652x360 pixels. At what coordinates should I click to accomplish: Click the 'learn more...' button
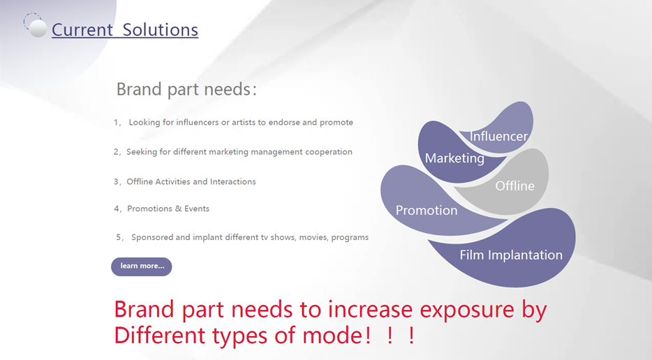click(x=142, y=267)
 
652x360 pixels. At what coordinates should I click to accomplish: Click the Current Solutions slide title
click(x=125, y=30)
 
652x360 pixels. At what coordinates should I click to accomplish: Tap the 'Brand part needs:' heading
click(x=186, y=89)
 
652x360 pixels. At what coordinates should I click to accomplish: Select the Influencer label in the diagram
click(x=498, y=136)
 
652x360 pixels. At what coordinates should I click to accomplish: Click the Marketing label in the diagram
click(x=454, y=158)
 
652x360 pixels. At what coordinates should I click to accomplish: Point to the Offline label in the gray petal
click(x=514, y=186)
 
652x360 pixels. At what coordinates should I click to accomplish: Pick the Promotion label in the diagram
click(x=427, y=210)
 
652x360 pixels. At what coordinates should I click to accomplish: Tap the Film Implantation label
click(x=511, y=255)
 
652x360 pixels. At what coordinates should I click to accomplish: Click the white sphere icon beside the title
click(x=38, y=29)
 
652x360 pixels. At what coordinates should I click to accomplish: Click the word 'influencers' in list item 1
click(x=197, y=122)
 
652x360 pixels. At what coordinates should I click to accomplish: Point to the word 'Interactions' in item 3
click(x=233, y=181)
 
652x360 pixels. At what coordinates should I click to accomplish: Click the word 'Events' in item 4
click(x=197, y=209)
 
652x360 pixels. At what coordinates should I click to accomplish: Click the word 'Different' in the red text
click(x=156, y=335)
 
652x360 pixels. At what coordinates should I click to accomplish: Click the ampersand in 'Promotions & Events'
click(x=178, y=209)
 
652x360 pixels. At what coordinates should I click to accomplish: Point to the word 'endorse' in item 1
click(x=284, y=122)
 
